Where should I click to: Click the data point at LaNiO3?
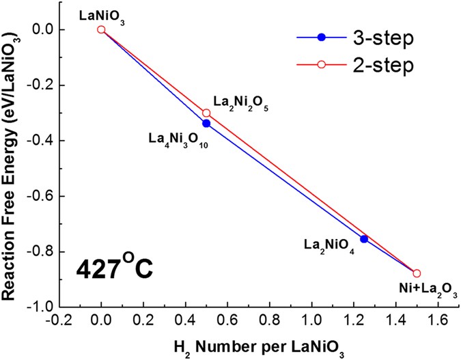(101, 29)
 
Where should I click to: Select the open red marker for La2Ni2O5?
(206, 113)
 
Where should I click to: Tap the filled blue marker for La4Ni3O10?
(206, 123)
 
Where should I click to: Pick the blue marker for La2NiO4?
(364, 239)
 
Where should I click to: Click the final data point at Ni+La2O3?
(417, 273)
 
